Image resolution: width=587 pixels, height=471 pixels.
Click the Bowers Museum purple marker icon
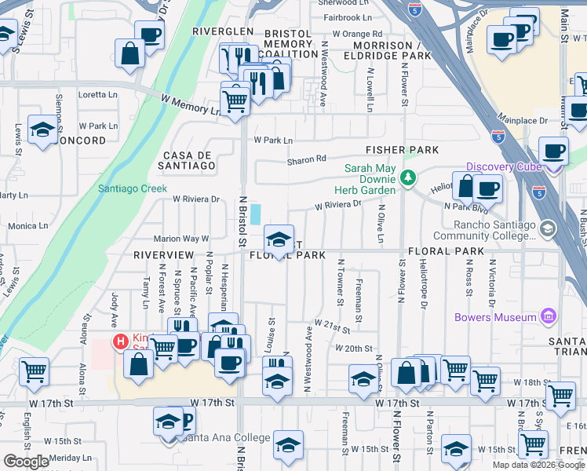[548, 317]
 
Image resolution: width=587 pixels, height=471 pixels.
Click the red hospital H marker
[120, 341]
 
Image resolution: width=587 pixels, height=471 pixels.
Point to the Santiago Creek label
[133, 188]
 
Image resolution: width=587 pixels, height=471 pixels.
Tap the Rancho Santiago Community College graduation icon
[547, 228]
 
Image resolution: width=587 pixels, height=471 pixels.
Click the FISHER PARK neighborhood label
[402, 150]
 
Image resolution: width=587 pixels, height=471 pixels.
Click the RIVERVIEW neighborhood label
[163, 256]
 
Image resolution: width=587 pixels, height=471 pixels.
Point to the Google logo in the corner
[27, 462]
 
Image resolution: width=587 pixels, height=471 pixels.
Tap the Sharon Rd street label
[306, 160]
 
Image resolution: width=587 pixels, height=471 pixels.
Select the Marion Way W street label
[181, 239]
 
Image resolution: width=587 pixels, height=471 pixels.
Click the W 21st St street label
[331, 323]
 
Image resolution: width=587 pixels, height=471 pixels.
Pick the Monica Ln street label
[28, 226]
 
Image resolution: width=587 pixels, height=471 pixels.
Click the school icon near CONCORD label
[42, 131]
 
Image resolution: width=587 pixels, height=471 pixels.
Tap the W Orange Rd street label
[357, 34]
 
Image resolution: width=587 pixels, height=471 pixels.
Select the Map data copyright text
[538, 465]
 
